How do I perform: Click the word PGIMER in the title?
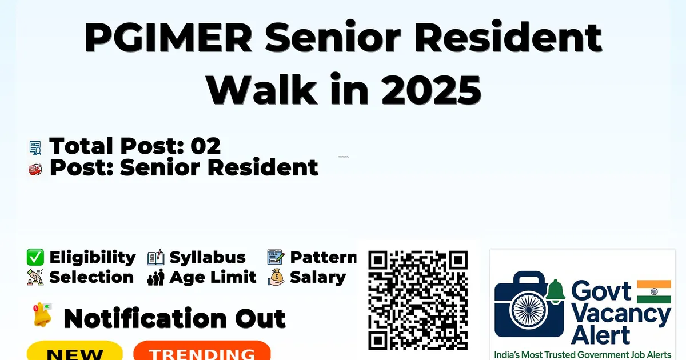[168, 38]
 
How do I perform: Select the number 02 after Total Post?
[205, 146]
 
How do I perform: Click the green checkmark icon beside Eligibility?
[35, 257]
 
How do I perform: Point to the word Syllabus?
[208, 258]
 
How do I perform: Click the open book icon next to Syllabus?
[155, 258]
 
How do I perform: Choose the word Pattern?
[324, 258]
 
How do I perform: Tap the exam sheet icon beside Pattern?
[276, 257]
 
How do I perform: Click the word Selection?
[91, 277]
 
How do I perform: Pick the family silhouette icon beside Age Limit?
[155, 277]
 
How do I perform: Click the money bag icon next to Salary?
[276, 277]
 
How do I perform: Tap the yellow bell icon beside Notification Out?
[42, 315]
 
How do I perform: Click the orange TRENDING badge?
[202, 351]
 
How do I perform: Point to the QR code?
[418, 301]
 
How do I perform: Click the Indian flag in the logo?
[654, 291]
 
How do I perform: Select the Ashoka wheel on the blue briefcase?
[528, 310]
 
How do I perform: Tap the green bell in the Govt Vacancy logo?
[555, 291]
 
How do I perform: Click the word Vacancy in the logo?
[621, 315]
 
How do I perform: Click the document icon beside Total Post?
[35, 147]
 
